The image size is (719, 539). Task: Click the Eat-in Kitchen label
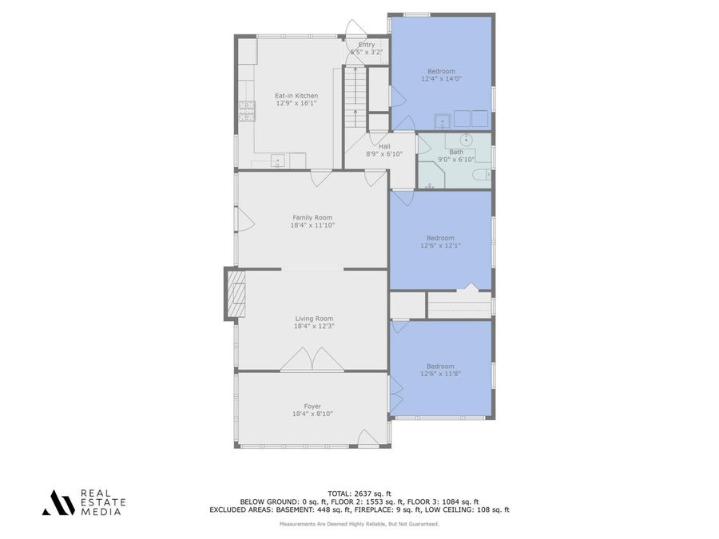point(296,96)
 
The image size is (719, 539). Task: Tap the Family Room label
point(312,217)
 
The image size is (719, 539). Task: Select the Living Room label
point(312,319)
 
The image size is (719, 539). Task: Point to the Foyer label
point(312,406)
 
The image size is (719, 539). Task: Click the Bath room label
point(456,152)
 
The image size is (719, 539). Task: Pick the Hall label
point(384,147)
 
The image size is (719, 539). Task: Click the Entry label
point(367,45)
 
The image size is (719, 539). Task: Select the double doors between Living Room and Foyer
point(312,360)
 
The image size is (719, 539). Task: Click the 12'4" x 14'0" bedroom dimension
point(441,79)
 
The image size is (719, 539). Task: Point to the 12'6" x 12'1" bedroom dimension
point(440,246)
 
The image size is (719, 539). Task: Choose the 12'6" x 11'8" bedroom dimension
point(440,374)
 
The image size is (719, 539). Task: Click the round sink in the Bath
point(467,141)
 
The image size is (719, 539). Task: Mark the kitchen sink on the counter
point(278,161)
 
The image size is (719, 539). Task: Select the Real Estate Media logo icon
point(58,502)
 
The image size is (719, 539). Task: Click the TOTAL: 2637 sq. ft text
point(359,493)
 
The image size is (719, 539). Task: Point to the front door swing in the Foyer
point(367,438)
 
